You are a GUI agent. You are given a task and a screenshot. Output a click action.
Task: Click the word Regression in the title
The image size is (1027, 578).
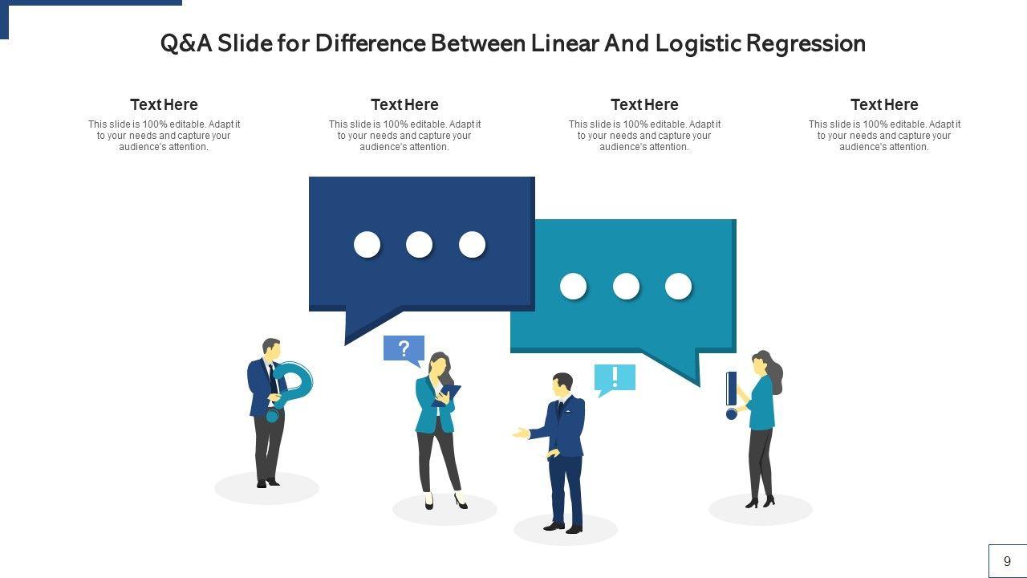(x=806, y=43)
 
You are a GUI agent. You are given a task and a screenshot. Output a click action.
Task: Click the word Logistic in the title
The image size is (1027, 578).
(x=697, y=43)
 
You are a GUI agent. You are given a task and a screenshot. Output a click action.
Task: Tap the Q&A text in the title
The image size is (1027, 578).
(x=186, y=43)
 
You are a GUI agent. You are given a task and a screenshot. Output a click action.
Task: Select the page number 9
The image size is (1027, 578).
(x=1007, y=561)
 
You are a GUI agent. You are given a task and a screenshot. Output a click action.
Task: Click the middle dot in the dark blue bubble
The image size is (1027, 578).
(x=419, y=244)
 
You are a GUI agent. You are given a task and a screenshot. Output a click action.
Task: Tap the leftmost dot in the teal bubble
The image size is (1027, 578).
(x=573, y=286)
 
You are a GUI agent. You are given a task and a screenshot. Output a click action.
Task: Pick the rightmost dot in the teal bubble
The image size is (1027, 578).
(x=678, y=286)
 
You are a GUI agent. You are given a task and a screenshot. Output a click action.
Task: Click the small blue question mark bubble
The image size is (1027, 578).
(x=404, y=348)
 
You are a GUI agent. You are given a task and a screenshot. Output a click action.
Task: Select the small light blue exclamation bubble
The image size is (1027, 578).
(x=615, y=377)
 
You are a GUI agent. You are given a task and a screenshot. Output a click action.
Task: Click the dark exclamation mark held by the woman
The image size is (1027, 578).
(x=731, y=393)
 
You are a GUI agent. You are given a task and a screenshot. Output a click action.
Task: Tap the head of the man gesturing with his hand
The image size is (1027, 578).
(x=562, y=383)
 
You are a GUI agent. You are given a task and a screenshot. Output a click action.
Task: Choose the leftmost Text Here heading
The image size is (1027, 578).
(x=164, y=104)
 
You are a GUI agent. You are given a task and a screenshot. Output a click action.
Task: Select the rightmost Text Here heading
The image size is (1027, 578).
(x=884, y=104)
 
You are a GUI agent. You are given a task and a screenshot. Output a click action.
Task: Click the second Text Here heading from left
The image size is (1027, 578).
(x=404, y=104)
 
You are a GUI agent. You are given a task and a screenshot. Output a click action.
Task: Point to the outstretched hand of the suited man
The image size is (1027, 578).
(x=521, y=433)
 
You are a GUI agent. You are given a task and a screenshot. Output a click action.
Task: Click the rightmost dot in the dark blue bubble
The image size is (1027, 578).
(x=472, y=244)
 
